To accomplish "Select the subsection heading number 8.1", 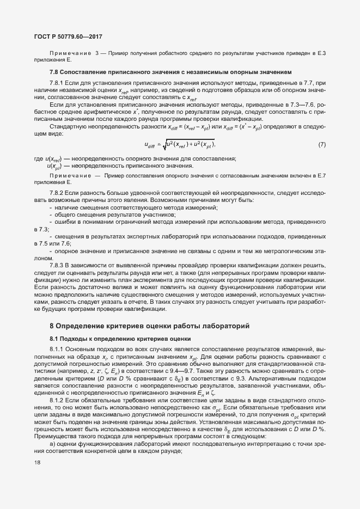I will pos(54,339).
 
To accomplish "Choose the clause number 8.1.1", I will pos(57,348).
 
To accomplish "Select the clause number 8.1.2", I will pos(57,398).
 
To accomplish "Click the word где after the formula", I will pos(38,158).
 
